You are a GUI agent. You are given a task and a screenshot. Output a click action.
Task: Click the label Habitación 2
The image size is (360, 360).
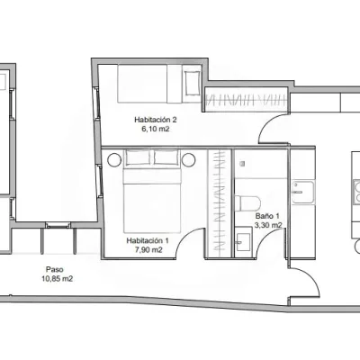point(156,120)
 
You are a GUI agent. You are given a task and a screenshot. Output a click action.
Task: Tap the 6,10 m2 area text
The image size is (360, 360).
point(156,130)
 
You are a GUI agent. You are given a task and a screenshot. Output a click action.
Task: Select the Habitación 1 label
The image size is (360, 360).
point(148,240)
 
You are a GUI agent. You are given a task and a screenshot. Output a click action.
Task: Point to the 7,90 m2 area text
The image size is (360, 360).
point(148,250)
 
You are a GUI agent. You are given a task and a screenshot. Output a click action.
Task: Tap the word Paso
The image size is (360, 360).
point(54,269)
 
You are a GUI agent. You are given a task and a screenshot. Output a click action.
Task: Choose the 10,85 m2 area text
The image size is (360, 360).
point(58,279)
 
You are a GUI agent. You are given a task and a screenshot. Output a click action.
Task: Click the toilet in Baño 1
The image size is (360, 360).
point(247,203)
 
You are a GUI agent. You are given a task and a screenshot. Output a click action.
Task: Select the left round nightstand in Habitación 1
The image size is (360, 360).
point(114,160)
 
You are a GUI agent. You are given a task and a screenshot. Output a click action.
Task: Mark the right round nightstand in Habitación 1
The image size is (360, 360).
point(189,160)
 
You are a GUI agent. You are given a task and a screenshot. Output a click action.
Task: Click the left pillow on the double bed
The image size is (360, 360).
point(138,157)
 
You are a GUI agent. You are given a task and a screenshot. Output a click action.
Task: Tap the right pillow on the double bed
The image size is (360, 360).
point(166,157)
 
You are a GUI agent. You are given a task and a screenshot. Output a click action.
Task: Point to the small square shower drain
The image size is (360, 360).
point(242,164)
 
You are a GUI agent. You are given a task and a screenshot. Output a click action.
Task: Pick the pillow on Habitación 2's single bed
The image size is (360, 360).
point(193,83)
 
